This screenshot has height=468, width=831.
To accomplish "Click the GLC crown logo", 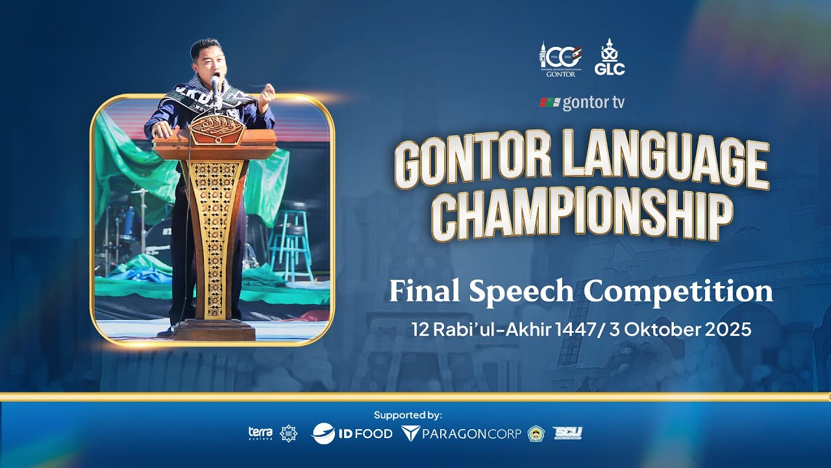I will click(610, 58).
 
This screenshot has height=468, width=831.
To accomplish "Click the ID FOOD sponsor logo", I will click(352, 434).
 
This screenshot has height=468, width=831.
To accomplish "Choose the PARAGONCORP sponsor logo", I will click(462, 434).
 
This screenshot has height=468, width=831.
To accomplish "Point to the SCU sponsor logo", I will click(567, 433).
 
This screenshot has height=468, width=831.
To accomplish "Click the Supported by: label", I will click(408, 414).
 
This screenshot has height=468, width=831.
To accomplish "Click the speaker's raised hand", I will click(266, 94).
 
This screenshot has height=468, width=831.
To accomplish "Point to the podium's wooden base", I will click(214, 330).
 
